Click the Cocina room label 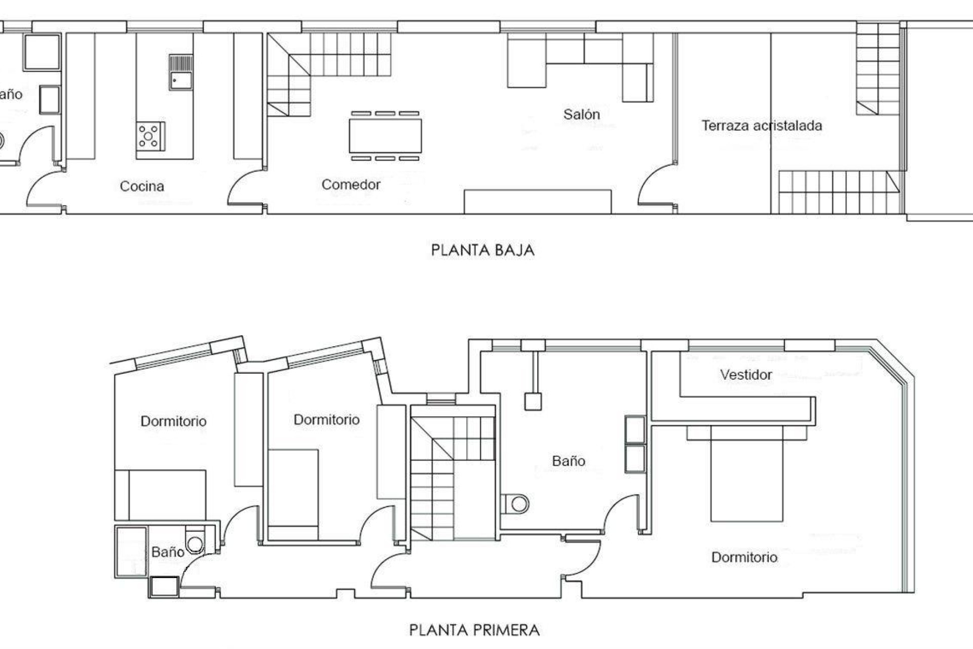[x=142, y=186]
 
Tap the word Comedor [x=351, y=185]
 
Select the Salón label [x=581, y=115]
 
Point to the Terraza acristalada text [x=761, y=126]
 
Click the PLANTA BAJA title [x=482, y=250]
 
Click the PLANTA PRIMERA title [x=474, y=630]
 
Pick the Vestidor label [x=746, y=375]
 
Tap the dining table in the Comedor [x=385, y=136]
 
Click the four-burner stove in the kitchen [x=150, y=136]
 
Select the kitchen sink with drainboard [x=181, y=73]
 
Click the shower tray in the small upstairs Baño [x=131, y=552]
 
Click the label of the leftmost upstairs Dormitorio [x=173, y=421]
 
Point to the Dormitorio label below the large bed [x=744, y=557]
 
